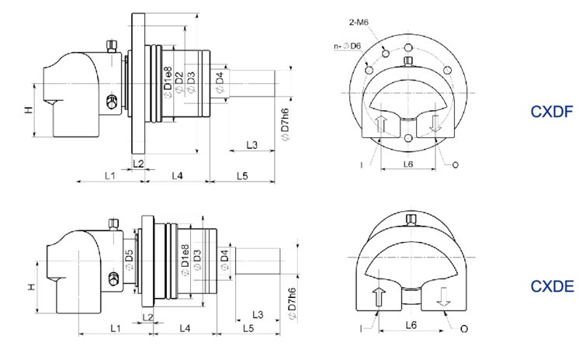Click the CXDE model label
click(x=552, y=287)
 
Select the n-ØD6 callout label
click(x=345, y=47)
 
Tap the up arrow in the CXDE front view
click(x=380, y=296)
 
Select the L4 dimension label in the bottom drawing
click(x=186, y=329)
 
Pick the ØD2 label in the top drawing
click(x=179, y=81)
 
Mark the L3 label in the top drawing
click(x=253, y=145)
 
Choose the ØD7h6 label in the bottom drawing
click(x=291, y=303)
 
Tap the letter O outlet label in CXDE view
click(x=464, y=329)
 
